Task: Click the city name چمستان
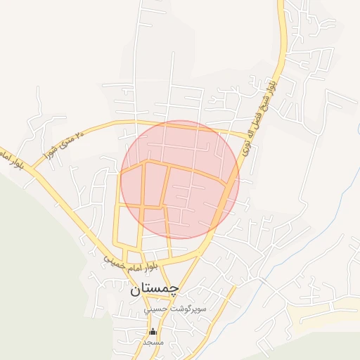[154, 288]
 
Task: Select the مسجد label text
[153, 342]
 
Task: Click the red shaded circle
[180, 180]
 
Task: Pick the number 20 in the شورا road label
[79, 132]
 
